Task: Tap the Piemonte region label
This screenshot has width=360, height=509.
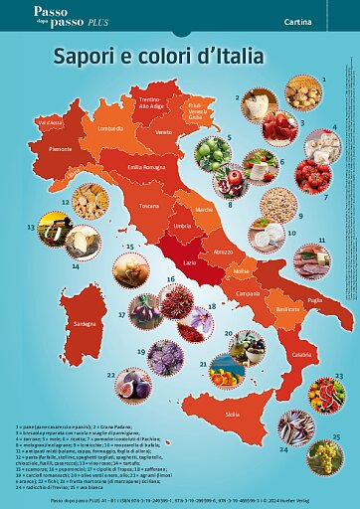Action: pyautogui.click(x=61, y=148)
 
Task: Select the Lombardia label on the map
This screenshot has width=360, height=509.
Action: pyautogui.click(x=111, y=128)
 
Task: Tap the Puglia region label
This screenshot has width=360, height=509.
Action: pyautogui.click(x=314, y=299)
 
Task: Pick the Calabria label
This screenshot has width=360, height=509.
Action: pyautogui.click(x=301, y=355)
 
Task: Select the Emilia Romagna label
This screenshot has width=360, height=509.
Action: pyautogui.click(x=146, y=167)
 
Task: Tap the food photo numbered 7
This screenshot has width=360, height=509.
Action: pyautogui.click(x=312, y=176)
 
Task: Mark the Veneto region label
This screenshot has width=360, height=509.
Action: pyautogui.click(x=163, y=131)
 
